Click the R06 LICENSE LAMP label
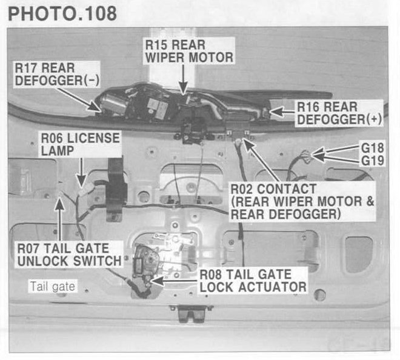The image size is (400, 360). click(78, 144)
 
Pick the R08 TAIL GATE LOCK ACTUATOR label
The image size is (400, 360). click(253, 281)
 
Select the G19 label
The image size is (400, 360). click(373, 161)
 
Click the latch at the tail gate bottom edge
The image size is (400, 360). click(185, 314)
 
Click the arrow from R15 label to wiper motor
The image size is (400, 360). click(183, 79)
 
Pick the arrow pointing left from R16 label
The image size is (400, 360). click(282, 111)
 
